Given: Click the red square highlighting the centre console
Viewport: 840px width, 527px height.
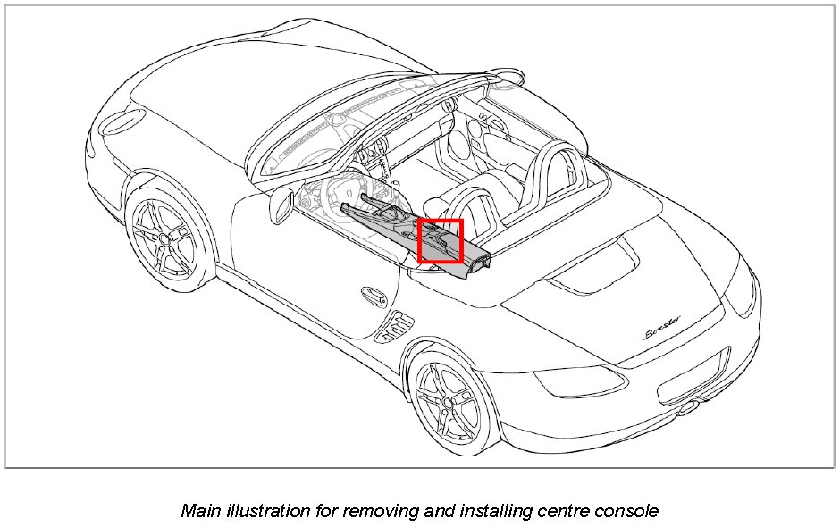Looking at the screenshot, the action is (x=441, y=241).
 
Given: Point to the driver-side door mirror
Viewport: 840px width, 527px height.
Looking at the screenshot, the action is (x=281, y=205).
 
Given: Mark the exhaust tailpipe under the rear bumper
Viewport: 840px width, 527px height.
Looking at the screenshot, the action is (x=689, y=409).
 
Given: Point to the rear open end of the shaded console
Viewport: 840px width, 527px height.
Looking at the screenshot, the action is (x=479, y=261).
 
